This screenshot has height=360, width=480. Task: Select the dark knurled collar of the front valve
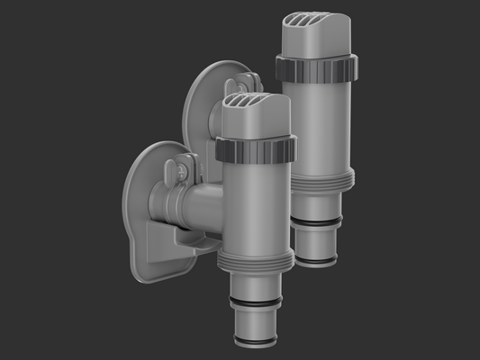pyautogui.click(x=256, y=150)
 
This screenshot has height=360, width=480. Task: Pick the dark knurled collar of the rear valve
pyautogui.click(x=316, y=68)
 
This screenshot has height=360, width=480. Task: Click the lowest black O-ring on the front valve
pyautogui.click(x=255, y=341)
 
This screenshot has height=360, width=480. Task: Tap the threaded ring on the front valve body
pyautogui.click(x=256, y=262)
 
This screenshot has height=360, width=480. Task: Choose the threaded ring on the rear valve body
pyautogui.click(x=317, y=179)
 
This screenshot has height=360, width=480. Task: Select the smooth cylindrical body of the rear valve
pyautogui.click(x=317, y=126)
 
